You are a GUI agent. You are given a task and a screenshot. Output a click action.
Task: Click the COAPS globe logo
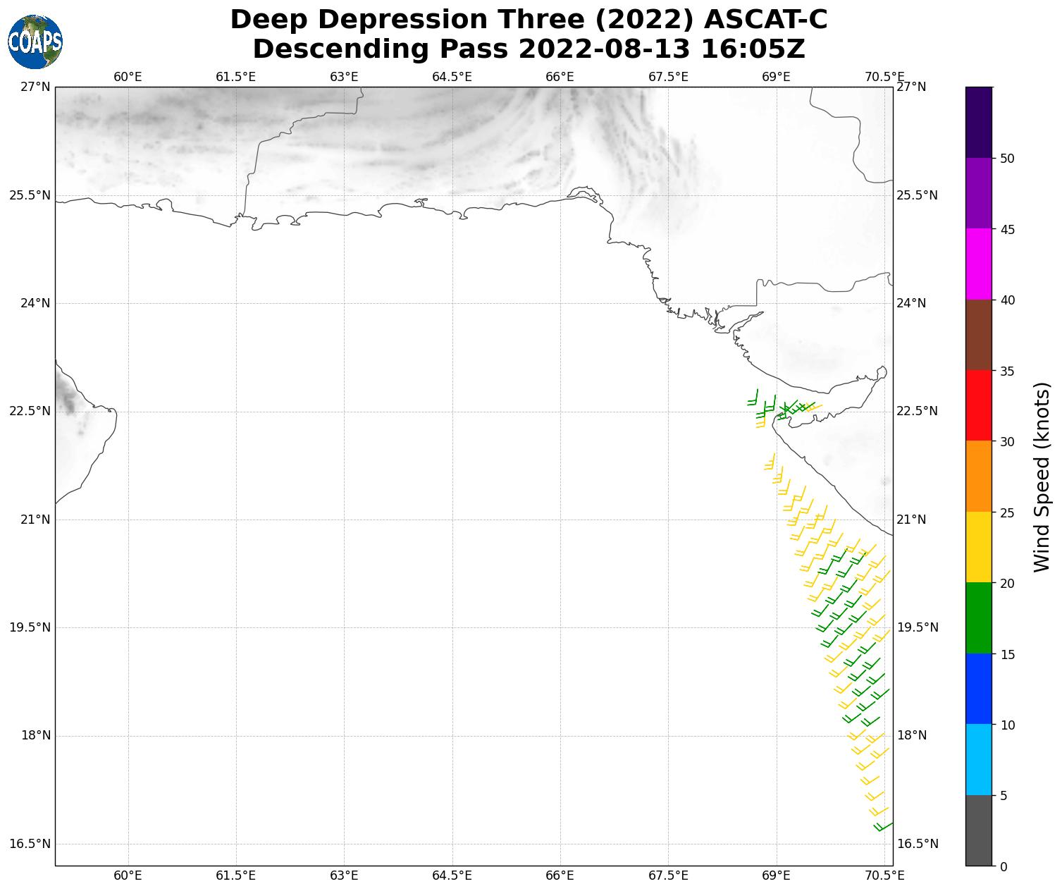point(35,42)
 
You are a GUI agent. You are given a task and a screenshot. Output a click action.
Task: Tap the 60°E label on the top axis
point(128,77)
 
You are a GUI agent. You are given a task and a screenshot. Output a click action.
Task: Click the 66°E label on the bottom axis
point(560,875)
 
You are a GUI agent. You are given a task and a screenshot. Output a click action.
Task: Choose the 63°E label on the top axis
point(344,77)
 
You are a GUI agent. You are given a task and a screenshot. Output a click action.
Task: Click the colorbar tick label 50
point(1008,159)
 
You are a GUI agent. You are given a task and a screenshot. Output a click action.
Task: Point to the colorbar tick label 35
point(1008,371)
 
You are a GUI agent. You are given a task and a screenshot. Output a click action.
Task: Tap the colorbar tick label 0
point(1004,866)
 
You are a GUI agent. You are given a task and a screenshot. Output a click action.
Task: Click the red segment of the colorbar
point(978,406)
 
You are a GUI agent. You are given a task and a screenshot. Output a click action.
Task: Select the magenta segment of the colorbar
point(978,264)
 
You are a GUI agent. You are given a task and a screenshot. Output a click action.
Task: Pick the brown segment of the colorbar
point(978,335)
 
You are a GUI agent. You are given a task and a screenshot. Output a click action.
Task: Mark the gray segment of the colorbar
point(978,830)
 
